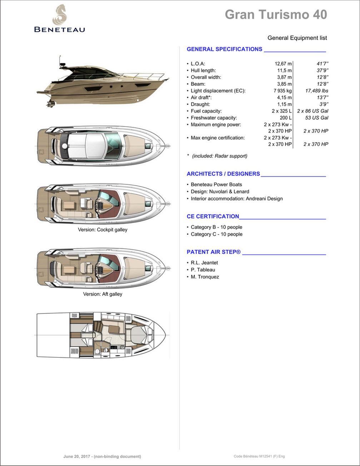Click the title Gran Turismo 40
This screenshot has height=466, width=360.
point(276,15)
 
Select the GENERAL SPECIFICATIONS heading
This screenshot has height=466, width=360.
point(224,49)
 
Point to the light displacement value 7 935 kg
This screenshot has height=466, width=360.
point(282,91)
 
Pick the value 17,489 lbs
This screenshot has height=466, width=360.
point(316,91)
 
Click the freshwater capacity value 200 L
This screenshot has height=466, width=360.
point(285,118)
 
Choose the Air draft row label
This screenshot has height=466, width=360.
point(201,98)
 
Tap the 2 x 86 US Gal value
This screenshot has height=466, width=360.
point(312,111)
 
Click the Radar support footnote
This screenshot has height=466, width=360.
point(219,156)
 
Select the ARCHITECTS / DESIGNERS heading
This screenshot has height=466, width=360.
point(223,174)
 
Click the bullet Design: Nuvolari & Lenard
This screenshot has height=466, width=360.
point(220,192)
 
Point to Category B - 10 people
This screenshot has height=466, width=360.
point(216,227)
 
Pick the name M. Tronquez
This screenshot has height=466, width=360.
point(205,277)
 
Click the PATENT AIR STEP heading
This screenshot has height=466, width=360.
point(214,252)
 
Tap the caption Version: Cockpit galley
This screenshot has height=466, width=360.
point(102,230)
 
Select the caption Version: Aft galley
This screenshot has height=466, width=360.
point(102,294)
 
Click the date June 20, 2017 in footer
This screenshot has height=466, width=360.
point(77,456)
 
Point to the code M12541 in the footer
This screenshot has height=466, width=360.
point(266,456)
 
